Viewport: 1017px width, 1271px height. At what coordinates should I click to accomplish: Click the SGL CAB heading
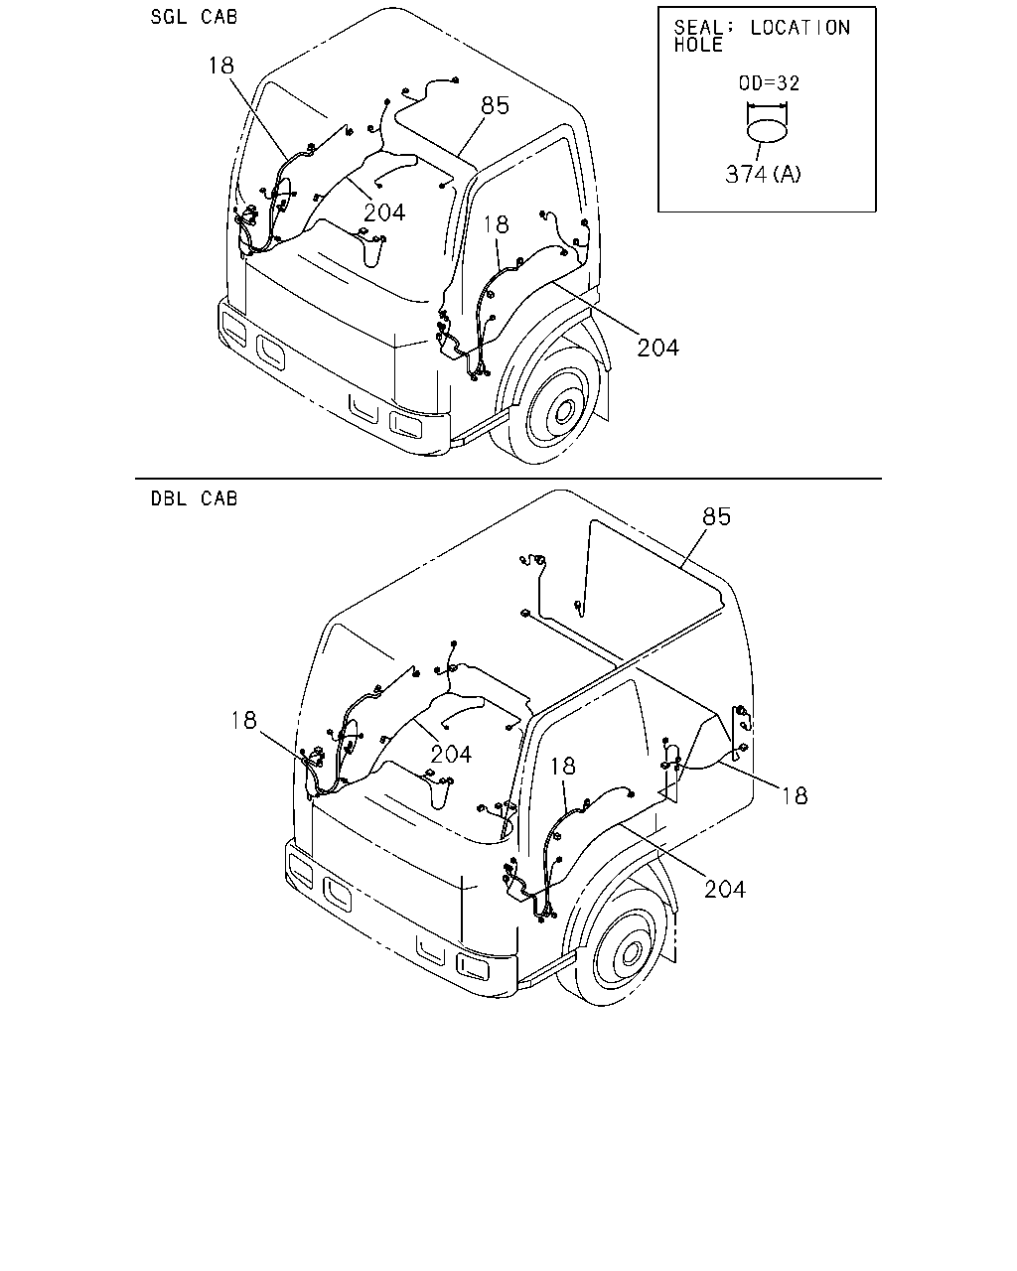pos(194,17)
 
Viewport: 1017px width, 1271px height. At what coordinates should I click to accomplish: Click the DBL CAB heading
pos(194,498)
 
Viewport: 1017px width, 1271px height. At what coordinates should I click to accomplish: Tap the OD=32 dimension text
pos(769,82)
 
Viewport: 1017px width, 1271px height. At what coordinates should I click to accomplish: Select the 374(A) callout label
pos(763,174)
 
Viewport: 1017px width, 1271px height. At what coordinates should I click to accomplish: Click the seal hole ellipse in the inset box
pos(767,131)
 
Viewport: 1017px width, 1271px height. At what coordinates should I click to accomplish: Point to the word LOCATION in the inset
pos(800,28)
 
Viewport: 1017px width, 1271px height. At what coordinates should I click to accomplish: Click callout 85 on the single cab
pos(495,105)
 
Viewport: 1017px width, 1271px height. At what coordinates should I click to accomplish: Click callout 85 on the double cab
pos(716,516)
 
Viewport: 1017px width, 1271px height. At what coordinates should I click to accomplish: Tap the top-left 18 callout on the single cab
pos(221,65)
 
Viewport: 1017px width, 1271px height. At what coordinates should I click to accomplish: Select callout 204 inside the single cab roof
pos(384,212)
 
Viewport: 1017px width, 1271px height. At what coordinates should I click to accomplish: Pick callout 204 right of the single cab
pos(657,348)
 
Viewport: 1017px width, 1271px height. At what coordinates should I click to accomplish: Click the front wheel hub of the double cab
pos(631,951)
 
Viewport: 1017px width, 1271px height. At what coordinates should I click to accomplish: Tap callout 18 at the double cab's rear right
pos(795,795)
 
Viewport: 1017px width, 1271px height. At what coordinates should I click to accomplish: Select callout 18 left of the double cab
pos(243,720)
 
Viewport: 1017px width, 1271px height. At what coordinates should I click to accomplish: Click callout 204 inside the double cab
pos(451,755)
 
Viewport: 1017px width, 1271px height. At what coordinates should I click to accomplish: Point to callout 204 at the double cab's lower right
pos(724,889)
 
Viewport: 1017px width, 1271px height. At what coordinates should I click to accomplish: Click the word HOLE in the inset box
pos(698,45)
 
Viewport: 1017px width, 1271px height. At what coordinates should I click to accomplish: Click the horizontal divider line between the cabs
pos(508,479)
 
